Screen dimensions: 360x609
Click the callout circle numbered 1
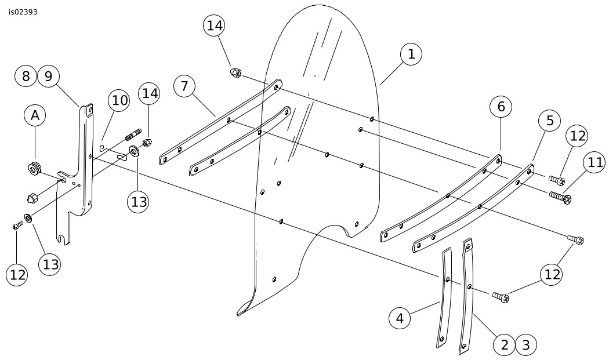[411, 54]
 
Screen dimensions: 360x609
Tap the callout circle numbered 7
[184, 86]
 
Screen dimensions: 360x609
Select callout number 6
[501, 106]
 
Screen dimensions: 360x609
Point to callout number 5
[549, 120]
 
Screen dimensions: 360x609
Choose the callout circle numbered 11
[596, 163]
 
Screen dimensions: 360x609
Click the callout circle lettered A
[35, 115]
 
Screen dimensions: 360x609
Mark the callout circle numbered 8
[26, 75]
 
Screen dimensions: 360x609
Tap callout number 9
[48, 75]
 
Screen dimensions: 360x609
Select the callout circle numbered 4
[400, 318]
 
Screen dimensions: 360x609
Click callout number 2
[505, 345]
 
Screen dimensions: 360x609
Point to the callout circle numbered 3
[526, 345]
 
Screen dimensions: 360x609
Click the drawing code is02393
[23, 12]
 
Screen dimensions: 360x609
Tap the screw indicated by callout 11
[560, 198]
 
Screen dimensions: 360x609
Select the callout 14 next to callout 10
[148, 93]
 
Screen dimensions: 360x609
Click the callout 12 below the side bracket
[17, 275]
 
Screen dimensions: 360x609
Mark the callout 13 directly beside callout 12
[50, 264]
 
